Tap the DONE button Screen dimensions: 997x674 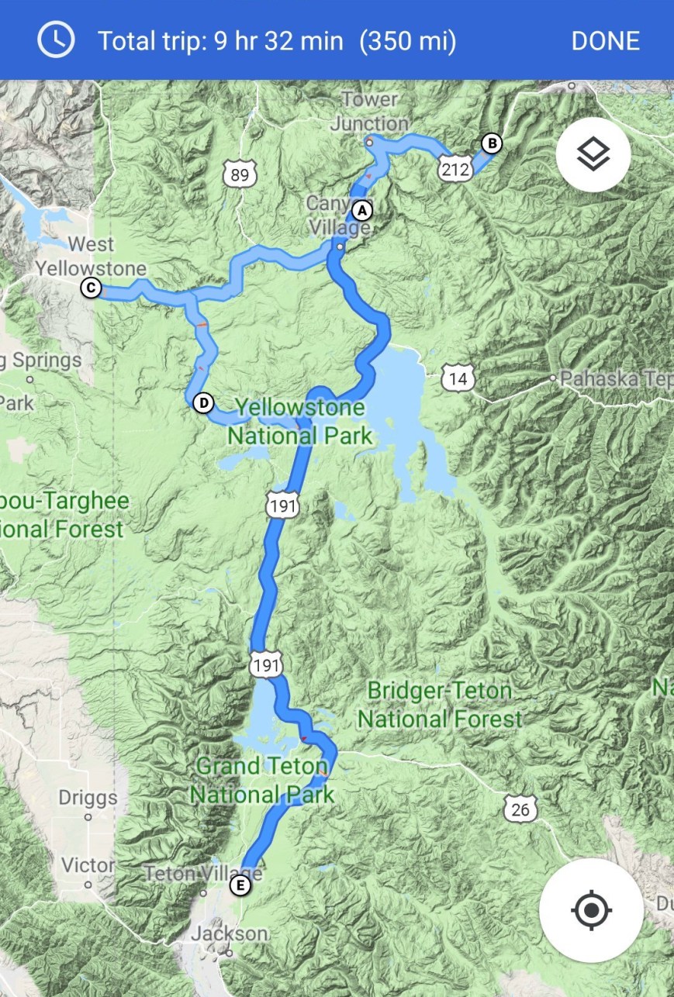pos(605,40)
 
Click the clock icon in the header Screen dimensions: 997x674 pos(56,40)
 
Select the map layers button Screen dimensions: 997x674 pos(593,154)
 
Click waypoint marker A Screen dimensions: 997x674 pos(361,210)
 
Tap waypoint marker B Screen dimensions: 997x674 pos(492,143)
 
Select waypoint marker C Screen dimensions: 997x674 pos(91,288)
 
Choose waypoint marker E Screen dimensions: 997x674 pos(241,885)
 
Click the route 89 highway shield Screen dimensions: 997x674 pos(240,174)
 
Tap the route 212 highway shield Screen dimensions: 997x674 pos(454,168)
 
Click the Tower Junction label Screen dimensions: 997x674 pos(370,112)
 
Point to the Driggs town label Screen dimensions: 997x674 pos(88,798)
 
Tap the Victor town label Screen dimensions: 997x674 pos(88,864)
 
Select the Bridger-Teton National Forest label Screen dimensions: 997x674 pos(440,705)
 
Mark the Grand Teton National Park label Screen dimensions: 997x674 pos(262,780)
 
